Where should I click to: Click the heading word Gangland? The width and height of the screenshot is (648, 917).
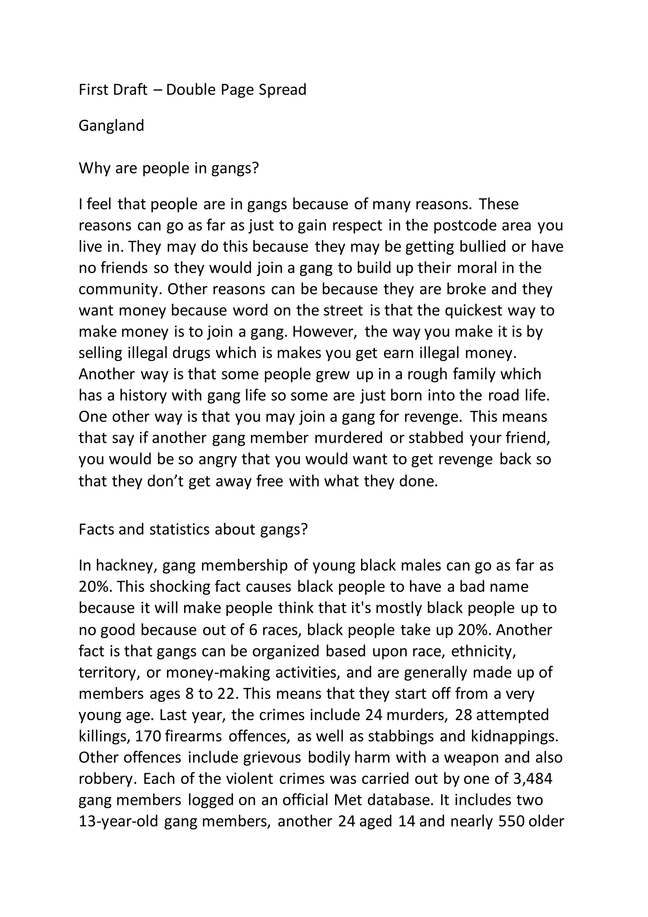[x=111, y=126]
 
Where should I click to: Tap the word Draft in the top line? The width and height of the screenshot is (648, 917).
[x=130, y=90]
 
